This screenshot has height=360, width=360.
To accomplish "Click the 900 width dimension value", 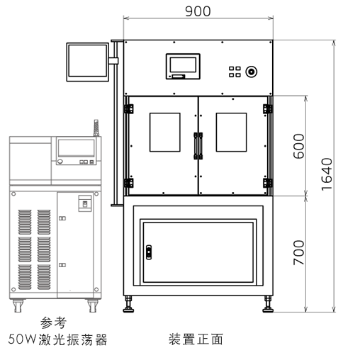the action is pos(198,11).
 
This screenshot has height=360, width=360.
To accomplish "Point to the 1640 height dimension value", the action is pos(327,174).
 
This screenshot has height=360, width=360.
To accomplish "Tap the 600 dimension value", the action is pos(298,146).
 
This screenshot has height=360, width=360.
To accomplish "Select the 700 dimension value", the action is pos(298,252).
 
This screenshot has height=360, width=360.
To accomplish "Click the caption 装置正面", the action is pos(196,339).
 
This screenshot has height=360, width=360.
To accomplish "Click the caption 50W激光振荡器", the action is pos(57,339).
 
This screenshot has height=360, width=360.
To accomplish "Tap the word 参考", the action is pos(53,323).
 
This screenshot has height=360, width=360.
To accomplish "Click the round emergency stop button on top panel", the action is pos(251,72).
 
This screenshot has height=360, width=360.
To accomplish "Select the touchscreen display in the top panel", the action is pos(183,66).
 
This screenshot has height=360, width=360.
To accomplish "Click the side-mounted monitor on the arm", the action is pos(88,62).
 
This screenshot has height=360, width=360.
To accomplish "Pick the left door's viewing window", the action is pos(165,132).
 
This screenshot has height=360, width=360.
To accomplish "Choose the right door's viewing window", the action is pos(231,132).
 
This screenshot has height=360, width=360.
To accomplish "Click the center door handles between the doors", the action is pos(198,146).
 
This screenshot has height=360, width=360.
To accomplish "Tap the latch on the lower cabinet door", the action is pos(149,252).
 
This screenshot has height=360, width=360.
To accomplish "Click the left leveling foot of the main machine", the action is pos(128,304).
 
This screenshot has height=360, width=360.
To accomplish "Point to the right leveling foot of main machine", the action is pos(268,304).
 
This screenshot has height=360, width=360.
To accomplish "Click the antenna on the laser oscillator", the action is pos(96,128).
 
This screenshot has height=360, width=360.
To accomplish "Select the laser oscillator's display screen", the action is pos(76,148).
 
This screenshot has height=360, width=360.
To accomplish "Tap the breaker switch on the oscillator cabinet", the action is pos(85,203).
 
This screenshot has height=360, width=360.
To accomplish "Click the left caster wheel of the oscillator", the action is pos(18,305).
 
